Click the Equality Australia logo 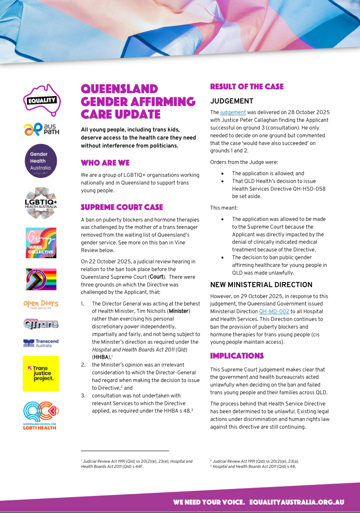[42, 100]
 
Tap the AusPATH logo [42, 129]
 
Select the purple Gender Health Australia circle [41, 161]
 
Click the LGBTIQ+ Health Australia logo [41, 203]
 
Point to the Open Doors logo [41, 304]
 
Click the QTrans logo [41, 323]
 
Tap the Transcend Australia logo [41, 343]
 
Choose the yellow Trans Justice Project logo [41, 373]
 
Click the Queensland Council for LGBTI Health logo [41, 415]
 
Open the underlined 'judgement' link [233, 112]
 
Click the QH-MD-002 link [274, 311]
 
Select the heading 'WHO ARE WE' [105, 163]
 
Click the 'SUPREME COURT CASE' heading [122, 207]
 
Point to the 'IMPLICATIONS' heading [237, 356]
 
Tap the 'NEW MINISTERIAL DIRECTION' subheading [261, 285]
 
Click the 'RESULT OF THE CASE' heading [247, 87]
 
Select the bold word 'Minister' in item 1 [179, 311]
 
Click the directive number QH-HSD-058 [309, 189]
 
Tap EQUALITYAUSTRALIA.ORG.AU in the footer [297, 502]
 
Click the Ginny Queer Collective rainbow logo [41, 243]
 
